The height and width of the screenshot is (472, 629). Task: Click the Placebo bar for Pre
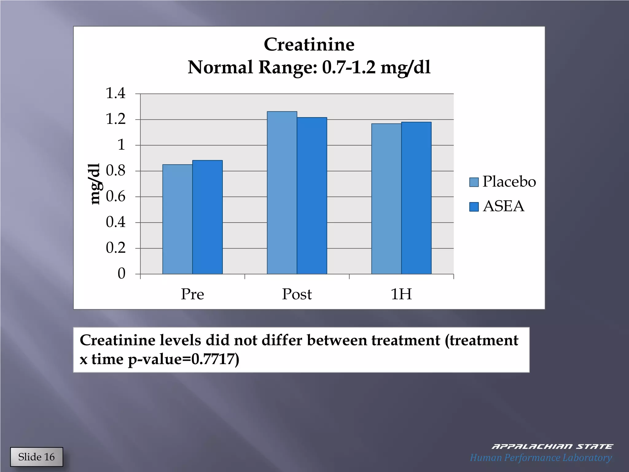click(x=178, y=219)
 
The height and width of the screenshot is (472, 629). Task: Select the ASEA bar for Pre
click(x=208, y=217)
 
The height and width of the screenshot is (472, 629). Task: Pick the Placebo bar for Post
click(x=282, y=193)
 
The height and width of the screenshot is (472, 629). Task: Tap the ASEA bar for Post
click(x=312, y=195)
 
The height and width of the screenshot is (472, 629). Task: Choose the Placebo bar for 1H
click(x=386, y=199)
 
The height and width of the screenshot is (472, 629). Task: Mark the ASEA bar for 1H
click(x=416, y=198)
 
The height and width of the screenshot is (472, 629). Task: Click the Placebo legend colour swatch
click(x=474, y=182)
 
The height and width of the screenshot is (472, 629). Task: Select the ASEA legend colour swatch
click(x=474, y=207)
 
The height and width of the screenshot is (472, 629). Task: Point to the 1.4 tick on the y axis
click(x=116, y=93)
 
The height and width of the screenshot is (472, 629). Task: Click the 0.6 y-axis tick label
click(x=116, y=196)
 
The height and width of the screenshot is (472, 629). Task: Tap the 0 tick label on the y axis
click(x=122, y=273)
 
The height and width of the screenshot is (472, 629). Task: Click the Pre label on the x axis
click(x=193, y=294)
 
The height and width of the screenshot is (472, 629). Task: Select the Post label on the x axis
click(x=297, y=294)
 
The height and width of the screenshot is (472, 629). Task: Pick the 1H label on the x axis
click(x=401, y=294)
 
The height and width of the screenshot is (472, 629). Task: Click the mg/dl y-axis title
click(x=95, y=184)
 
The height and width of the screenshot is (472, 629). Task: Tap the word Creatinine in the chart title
click(x=309, y=45)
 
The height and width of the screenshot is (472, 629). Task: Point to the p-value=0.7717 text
click(x=183, y=359)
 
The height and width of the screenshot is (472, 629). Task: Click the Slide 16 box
click(x=37, y=457)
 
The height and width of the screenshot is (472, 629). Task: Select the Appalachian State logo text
click(x=552, y=446)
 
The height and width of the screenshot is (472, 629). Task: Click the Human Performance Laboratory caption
click(x=541, y=458)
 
